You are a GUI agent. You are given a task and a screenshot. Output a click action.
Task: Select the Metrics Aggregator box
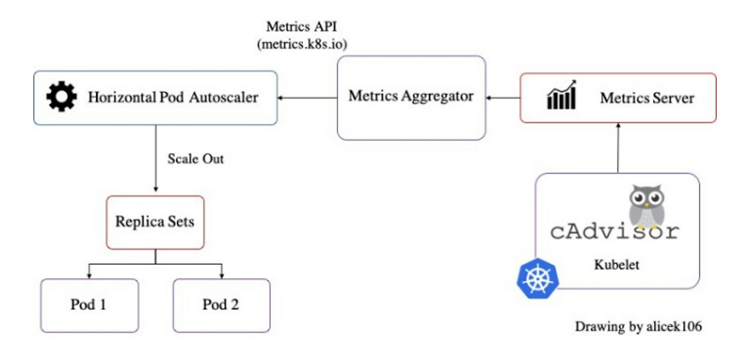point(410,97)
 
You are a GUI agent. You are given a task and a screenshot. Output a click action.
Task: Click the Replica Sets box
point(154,222)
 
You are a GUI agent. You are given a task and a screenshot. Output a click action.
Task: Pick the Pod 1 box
point(89,305)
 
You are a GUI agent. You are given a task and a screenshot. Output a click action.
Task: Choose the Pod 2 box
point(221,305)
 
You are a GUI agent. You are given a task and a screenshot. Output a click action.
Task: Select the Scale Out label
point(195,159)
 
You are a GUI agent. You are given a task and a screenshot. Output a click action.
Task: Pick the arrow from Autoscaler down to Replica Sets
point(155,159)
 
